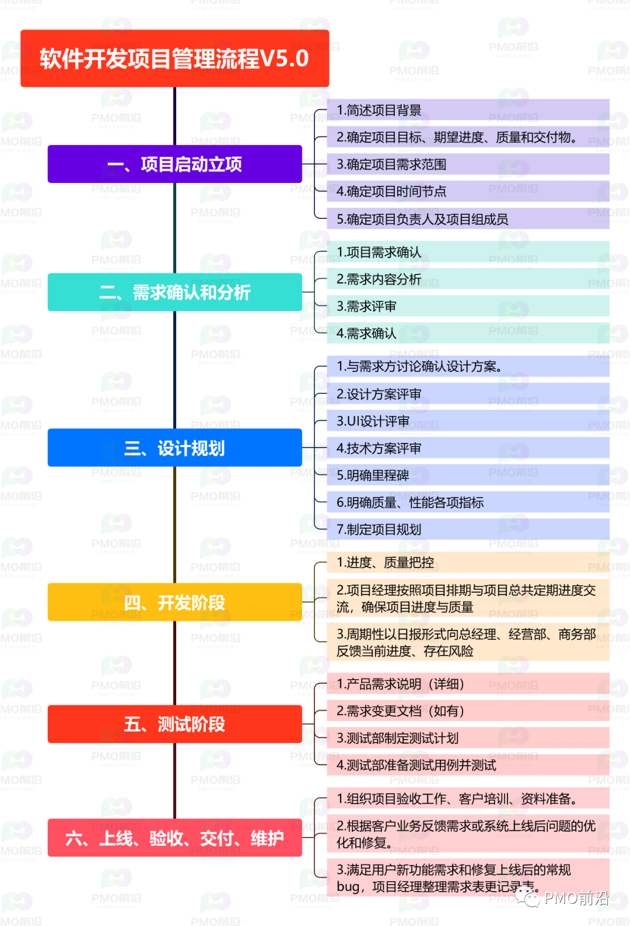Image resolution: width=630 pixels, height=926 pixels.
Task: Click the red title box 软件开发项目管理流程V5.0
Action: [174, 58]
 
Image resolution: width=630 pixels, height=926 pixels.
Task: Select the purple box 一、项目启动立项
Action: [174, 164]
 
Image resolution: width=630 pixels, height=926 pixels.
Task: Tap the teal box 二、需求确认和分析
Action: [174, 293]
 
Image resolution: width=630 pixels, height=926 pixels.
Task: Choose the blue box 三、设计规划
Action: [174, 448]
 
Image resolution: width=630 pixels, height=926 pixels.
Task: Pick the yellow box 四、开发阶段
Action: [174, 603]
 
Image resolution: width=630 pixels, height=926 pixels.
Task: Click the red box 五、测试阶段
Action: [174, 724]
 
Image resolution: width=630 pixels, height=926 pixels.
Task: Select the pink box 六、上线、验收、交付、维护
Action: [174, 837]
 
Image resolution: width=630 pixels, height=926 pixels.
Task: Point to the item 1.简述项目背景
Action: [468, 110]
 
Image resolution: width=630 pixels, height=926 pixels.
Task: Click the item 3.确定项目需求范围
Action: [468, 164]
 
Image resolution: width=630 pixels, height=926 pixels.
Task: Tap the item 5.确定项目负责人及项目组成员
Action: [468, 219]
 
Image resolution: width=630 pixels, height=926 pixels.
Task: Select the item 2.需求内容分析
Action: [468, 279]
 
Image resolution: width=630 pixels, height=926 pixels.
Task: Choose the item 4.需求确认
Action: [468, 333]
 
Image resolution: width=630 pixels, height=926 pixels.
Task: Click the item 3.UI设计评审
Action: [468, 421]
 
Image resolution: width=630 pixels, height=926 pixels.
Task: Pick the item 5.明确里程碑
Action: [468, 475]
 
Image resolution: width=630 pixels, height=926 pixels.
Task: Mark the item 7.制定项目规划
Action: [468, 529]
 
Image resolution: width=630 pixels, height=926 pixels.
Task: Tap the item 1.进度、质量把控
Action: [468, 562]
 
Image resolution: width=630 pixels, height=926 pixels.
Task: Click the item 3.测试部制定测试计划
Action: [468, 738]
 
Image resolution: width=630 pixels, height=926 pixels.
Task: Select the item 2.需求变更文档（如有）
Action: [468, 710]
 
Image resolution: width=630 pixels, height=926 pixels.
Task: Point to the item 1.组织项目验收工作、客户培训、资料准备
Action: [468, 798]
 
